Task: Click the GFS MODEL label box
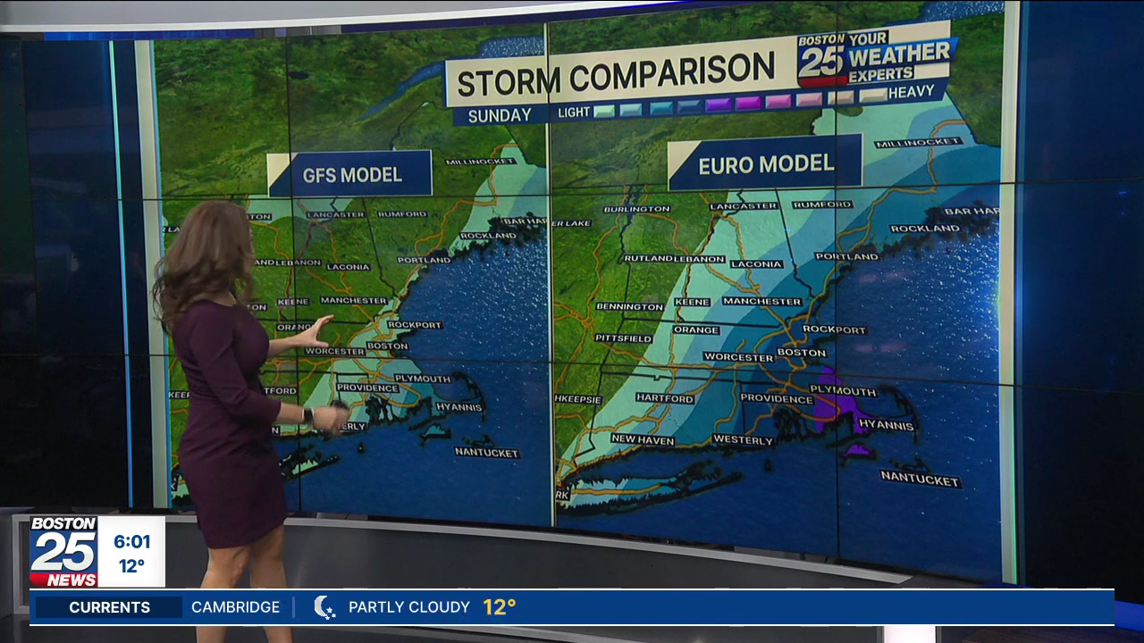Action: [x=351, y=174]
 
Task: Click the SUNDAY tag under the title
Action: [x=500, y=115]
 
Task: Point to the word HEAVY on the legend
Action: [x=911, y=92]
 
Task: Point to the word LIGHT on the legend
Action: [x=574, y=113]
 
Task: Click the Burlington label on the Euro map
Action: [x=636, y=209]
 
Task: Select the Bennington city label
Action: [x=630, y=306]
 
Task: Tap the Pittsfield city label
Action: [x=624, y=338]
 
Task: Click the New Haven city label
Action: [x=643, y=439]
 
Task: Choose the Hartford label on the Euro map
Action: [x=665, y=398]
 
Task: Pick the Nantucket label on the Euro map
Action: [x=920, y=480]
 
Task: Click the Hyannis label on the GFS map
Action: [x=458, y=407]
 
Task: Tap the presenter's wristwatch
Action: [x=307, y=415]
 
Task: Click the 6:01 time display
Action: [x=131, y=541]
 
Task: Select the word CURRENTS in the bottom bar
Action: [x=109, y=607]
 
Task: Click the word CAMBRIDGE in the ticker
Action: [x=235, y=607]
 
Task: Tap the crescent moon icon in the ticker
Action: [x=324, y=607]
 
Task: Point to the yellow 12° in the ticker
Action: [x=500, y=607]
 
